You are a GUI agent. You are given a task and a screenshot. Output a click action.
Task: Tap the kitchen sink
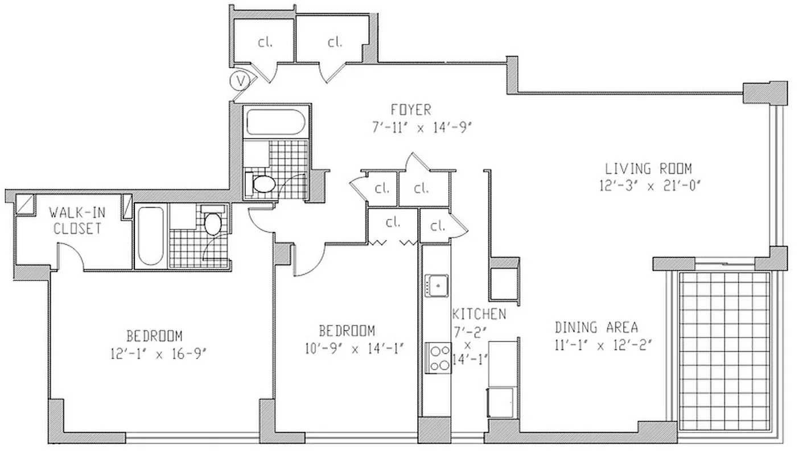click(x=436, y=284)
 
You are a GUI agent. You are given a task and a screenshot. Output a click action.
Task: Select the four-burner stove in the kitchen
click(x=437, y=357)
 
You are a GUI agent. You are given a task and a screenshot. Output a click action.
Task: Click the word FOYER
click(x=410, y=109)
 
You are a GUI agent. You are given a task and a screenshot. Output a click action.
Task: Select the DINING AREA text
click(x=596, y=328)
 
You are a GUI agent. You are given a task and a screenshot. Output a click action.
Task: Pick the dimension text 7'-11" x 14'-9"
click(x=420, y=127)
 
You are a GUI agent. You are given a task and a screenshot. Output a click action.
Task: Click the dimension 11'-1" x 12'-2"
click(x=602, y=345)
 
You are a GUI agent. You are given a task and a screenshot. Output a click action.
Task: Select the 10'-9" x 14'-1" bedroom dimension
click(x=353, y=348)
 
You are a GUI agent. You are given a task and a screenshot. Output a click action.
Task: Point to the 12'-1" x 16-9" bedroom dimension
click(x=158, y=353)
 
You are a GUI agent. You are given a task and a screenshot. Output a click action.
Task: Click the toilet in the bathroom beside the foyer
click(x=263, y=183)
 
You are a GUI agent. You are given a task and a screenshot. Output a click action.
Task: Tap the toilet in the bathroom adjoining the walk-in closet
click(x=213, y=224)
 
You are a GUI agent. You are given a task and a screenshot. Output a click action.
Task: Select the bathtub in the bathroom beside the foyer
click(x=275, y=122)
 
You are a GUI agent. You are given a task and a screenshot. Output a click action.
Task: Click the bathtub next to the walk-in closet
click(x=151, y=236)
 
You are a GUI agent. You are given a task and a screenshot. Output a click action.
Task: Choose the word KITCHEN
click(x=479, y=314)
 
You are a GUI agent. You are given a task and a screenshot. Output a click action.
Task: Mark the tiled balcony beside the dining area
click(x=724, y=349)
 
